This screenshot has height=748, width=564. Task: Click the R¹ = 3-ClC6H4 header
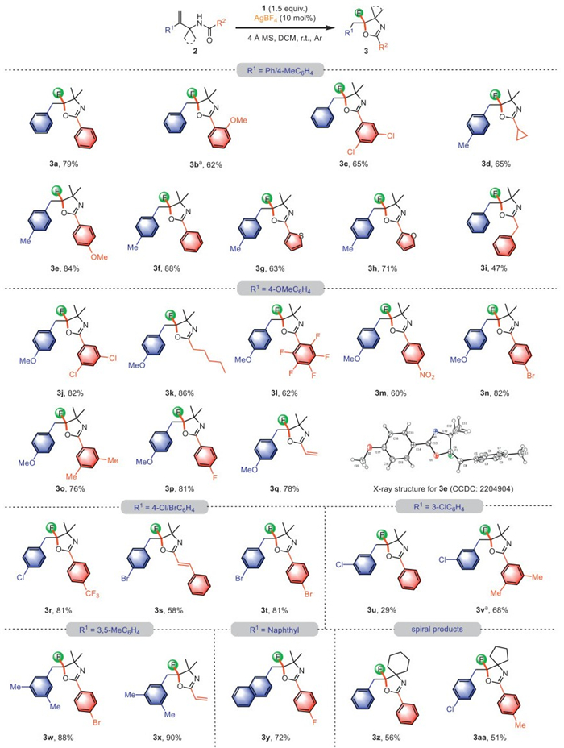pyautogui.click(x=439, y=506)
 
